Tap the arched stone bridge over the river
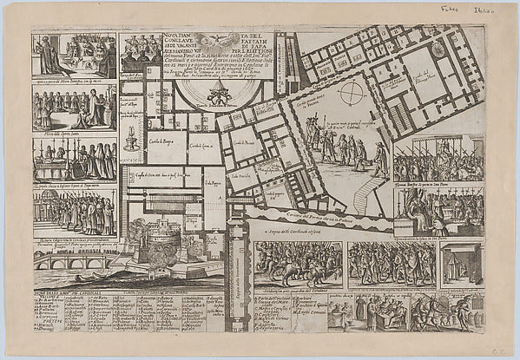[73, 259]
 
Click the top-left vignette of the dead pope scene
[74, 56]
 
